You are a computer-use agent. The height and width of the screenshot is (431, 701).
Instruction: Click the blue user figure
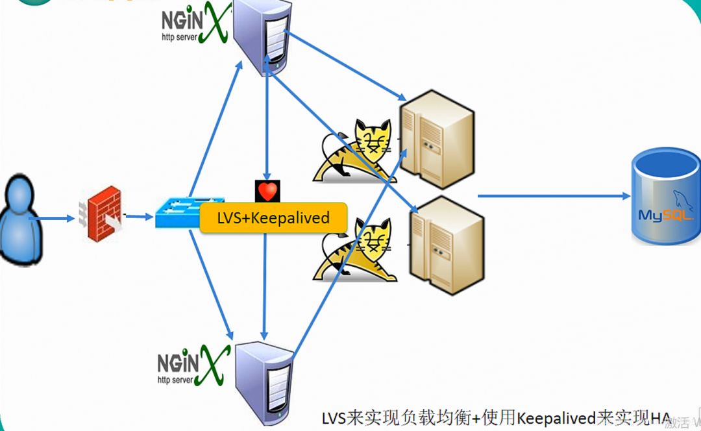pos(21,221)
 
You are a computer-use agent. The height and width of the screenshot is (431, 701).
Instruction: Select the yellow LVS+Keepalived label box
pos(273,218)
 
